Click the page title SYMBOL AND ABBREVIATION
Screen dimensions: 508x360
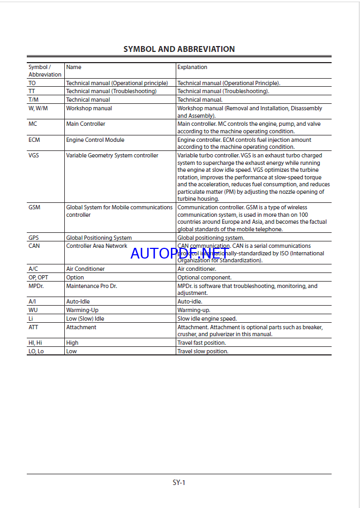pyautogui.click(x=179, y=49)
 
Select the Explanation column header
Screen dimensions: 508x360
pyautogui.click(x=192, y=67)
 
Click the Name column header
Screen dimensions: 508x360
pyautogui.click(x=74, y=67)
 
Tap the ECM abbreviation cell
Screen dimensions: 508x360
pyautogui.click(x=34, y=140)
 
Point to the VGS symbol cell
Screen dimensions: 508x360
pyautogui.click(x=34, y=156)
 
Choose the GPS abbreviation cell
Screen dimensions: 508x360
pyautogui.click(x=34, y=238)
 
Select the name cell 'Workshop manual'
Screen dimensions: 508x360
pyautogui.click(x=89, y=108)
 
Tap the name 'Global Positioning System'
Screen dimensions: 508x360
pyautogui.click(x=99, y=238)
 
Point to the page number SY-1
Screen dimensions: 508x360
pyautogui.click(x=179, y=482)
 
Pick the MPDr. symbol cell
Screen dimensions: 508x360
pyautogui.click(x=36, y=286)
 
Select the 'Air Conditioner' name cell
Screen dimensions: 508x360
pyautogui.click(x=85, y=269)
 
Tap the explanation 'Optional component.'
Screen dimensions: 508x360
pyautogui.click(x=204, y=277)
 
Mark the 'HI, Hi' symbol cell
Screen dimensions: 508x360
pyautogui.click(x=35, y=343)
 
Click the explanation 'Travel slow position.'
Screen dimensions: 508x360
pyautogui.click(x=202, y=351)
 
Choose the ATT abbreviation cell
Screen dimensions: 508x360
pyautogui.click(x=33, y=327)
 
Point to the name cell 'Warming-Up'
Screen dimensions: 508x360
pyautogui.click(x=81, y=310)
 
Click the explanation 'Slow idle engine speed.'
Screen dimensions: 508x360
pyautogui.click(x=207, y=319)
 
